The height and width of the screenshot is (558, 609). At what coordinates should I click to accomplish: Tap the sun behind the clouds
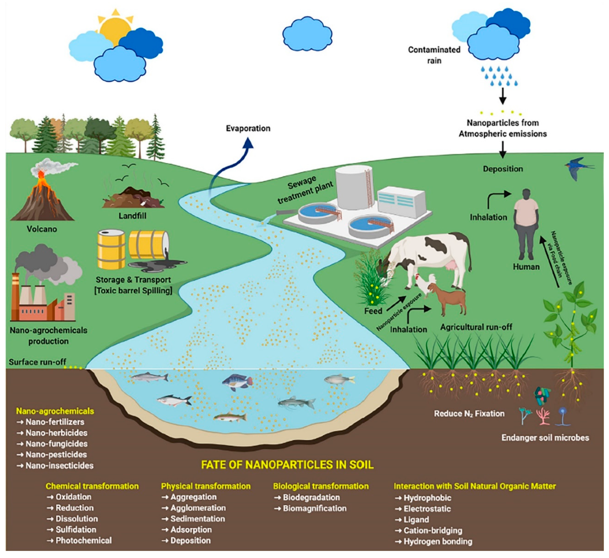point(115,27)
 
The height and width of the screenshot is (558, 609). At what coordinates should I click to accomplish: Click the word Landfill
point(132,216)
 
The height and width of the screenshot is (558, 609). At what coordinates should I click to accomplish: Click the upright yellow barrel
point(111,249)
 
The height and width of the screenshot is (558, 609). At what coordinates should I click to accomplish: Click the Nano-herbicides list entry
point(56,433)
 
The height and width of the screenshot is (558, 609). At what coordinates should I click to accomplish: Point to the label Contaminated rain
point(434,55)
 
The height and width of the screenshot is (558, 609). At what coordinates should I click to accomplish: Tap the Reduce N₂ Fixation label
point(469,414)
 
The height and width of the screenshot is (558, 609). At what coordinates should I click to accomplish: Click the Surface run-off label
point(37,362)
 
